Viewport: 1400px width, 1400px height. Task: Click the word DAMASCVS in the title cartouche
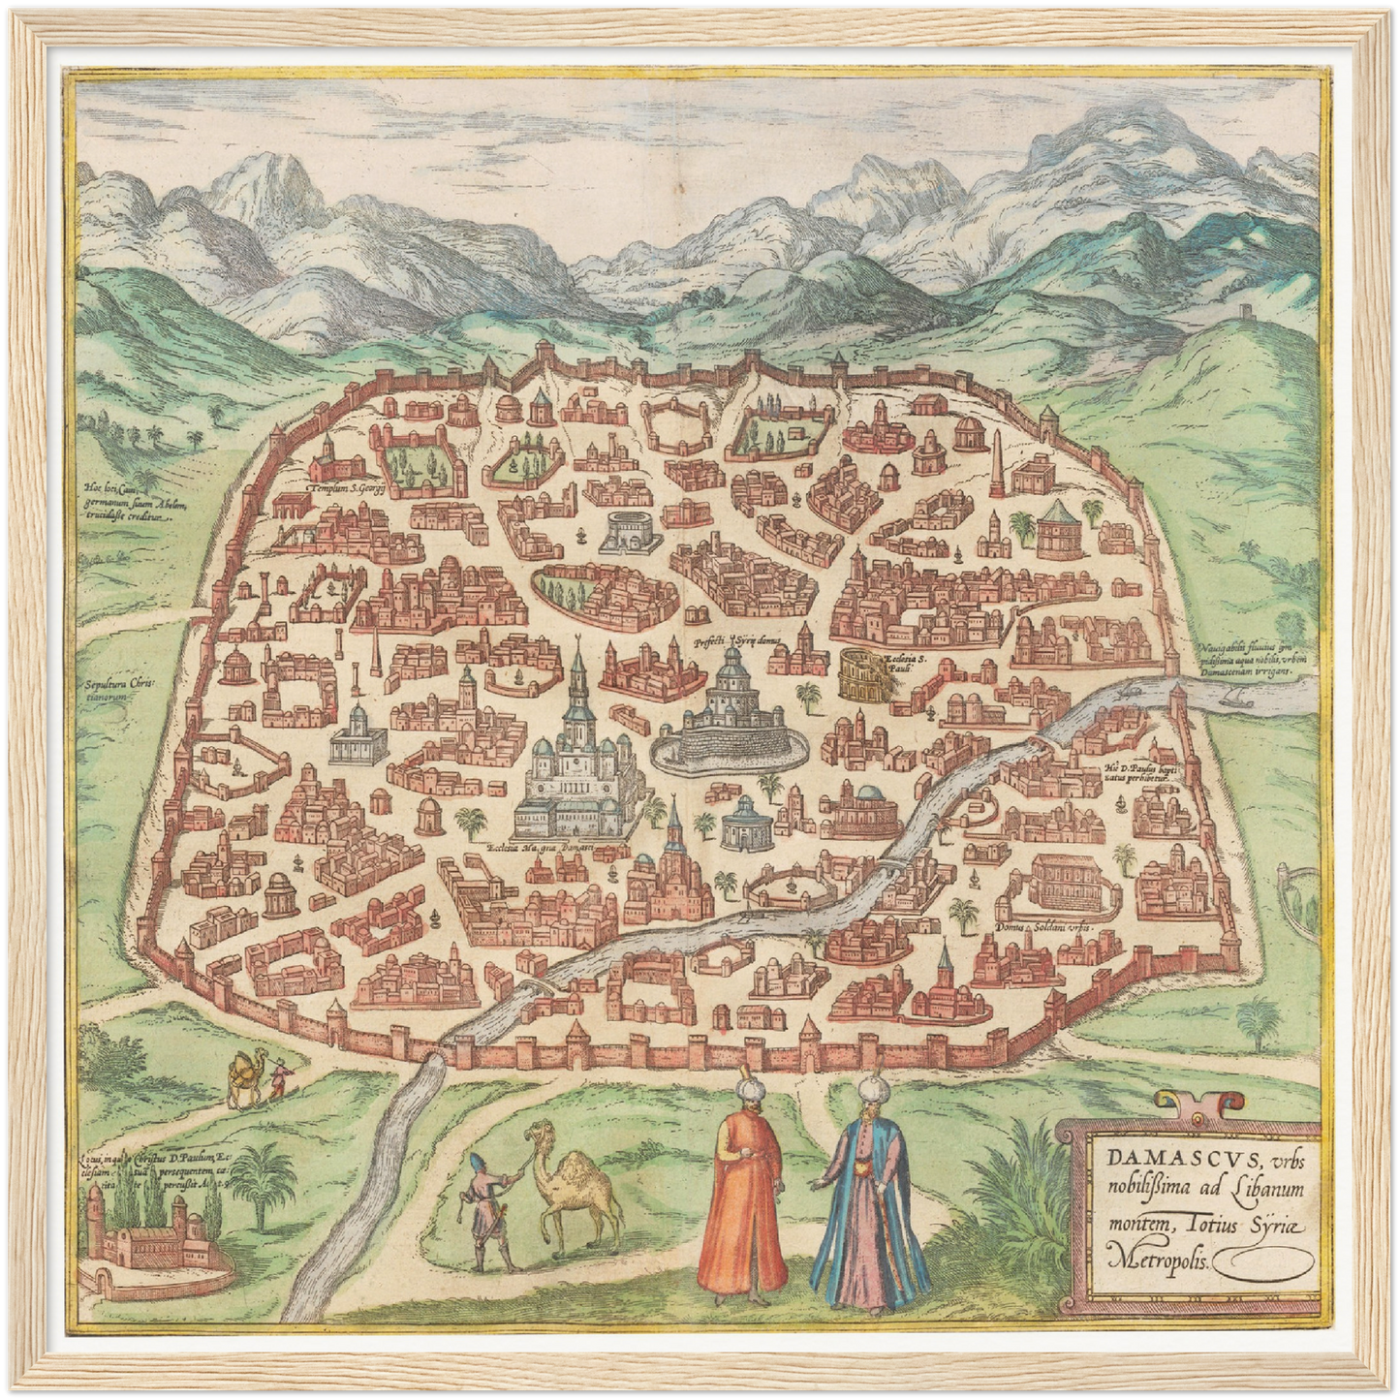coord(1146,1160)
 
